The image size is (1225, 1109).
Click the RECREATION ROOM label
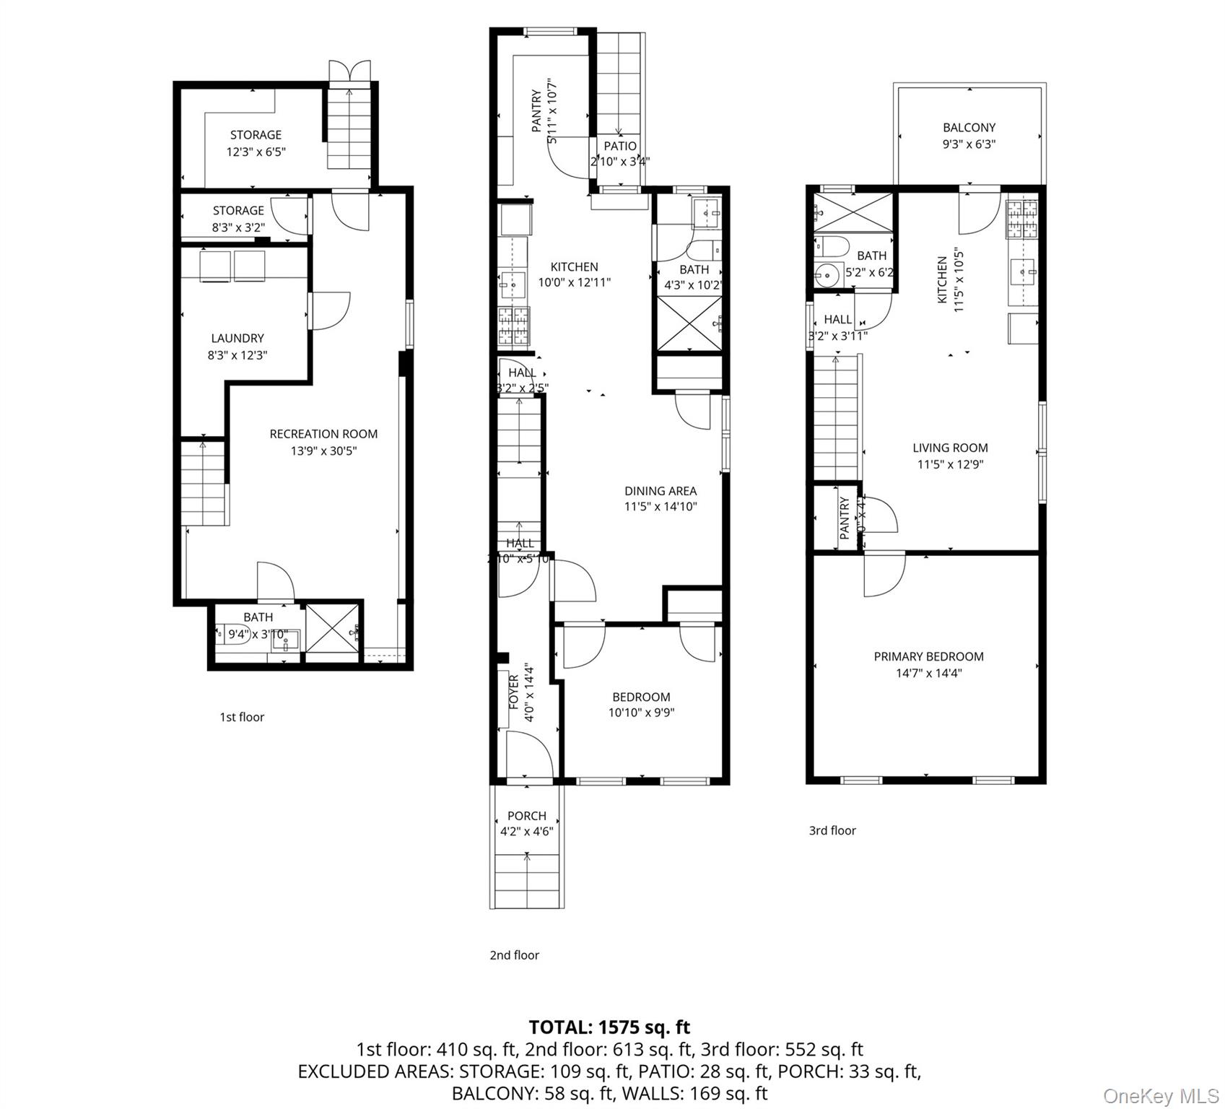323,434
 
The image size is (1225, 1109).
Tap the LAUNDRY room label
237,338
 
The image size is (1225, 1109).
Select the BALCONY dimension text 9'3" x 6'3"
969,144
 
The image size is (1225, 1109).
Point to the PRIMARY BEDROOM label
928,656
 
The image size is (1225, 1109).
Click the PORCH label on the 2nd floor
526,816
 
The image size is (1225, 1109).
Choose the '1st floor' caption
242,717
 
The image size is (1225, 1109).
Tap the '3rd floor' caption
832,830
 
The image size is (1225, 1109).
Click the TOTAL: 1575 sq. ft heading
609,1027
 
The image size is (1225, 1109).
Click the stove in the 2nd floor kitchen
513,325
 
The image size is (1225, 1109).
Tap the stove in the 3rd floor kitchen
1022,219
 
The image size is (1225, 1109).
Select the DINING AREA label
661,491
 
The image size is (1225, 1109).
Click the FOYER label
514,691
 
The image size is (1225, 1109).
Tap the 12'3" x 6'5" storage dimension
256,152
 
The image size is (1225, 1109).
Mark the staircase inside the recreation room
204,482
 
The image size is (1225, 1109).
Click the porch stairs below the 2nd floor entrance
527,881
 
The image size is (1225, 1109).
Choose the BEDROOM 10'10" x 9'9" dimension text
641,713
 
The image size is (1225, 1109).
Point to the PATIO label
620,146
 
